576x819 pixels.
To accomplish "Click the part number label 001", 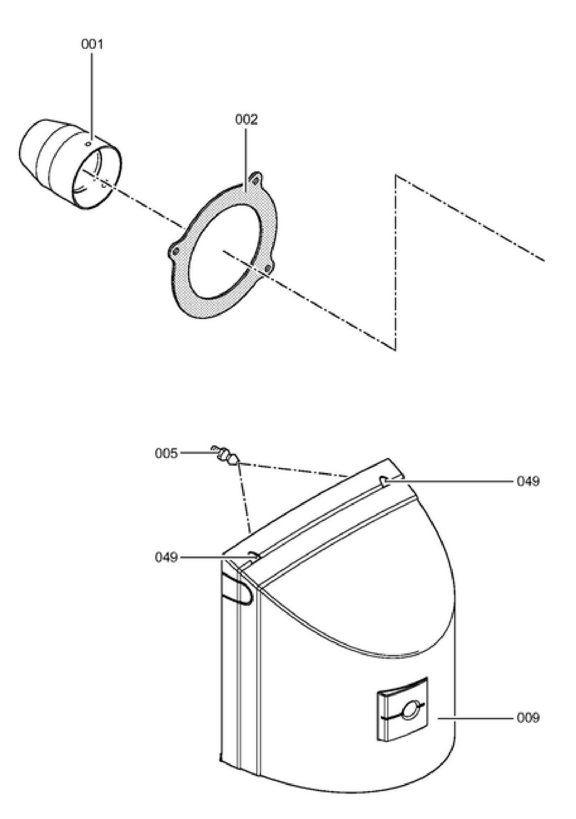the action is (x=92, y=44).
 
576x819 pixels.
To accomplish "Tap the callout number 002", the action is (x=246, y=120).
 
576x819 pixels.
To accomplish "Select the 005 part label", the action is (x=166, y=454).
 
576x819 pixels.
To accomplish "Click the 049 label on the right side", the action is (x=528, y=481).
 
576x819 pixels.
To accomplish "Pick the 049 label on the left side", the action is (x=166, y=557).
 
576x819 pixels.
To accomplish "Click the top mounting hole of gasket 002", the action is (x=256, y=179).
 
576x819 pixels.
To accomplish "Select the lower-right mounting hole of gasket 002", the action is (x=268, y=268).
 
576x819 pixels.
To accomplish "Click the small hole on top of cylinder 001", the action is (x=88, y=144).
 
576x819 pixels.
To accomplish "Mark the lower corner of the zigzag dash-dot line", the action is (x=395, y=350).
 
